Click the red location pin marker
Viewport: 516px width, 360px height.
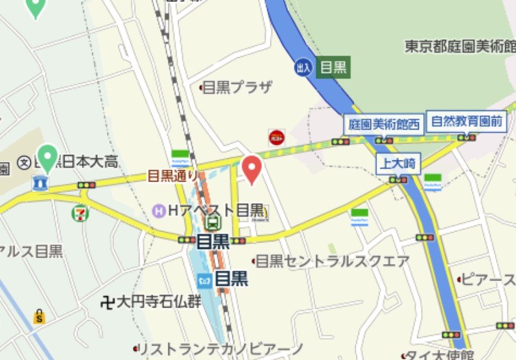point(251,169)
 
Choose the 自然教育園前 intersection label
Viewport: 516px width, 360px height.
point(467,121)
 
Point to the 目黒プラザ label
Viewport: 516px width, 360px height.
point(237,87)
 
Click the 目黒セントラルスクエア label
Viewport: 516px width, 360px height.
point(333,261)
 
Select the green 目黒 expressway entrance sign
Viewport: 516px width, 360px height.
point(334,68)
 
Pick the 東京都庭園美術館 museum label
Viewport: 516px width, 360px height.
point(460,46)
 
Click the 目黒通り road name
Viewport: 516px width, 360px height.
point(173,176)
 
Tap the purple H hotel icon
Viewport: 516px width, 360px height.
point(159,210)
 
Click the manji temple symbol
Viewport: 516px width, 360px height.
point(108,302)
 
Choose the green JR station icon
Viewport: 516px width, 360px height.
point(212,224)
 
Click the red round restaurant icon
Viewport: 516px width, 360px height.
point(277,137)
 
